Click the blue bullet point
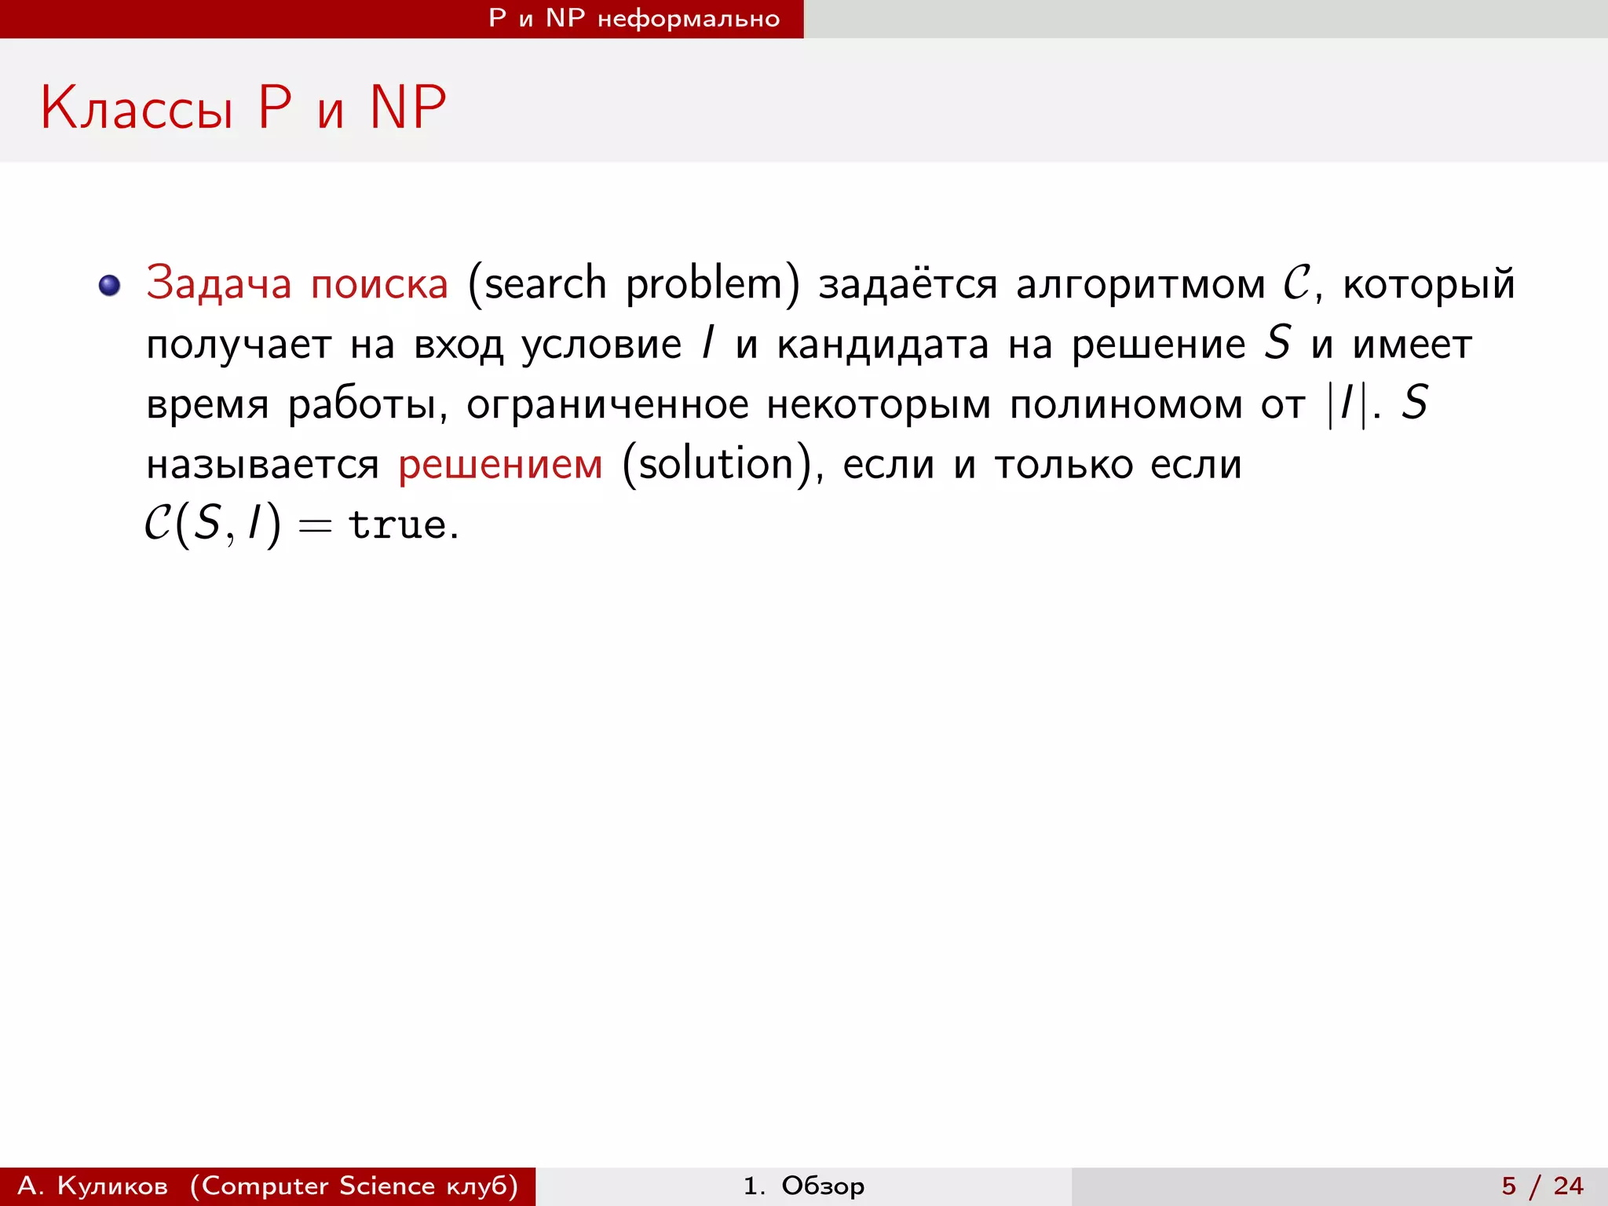[110, 285]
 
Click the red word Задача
[218, 283]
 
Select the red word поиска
[379, 283]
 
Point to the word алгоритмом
[1140, 283]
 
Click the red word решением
[500, 465]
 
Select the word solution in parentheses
[716, 465]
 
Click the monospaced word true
[397, 524]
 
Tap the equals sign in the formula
[315, 526]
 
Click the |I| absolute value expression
[1347, 404]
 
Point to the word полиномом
[1126, 404]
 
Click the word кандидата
[883, 344]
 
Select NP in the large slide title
[407, 108]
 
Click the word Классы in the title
[137, 108]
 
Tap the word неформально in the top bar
[689, 19]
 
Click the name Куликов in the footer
[112, 1186]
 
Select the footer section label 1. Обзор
[804, 1186]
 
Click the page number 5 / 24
[1542, 1186]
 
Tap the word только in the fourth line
[1063, 465]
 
